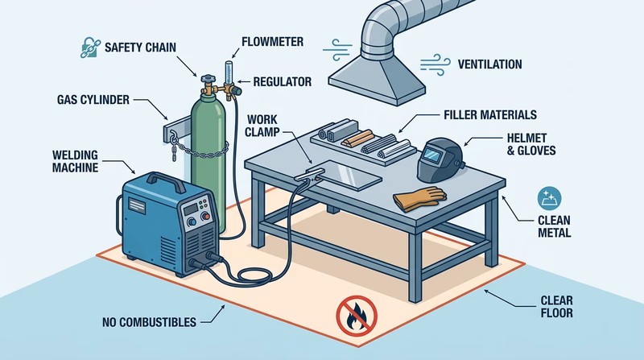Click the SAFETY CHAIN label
(140, 48)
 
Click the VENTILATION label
(489, 64)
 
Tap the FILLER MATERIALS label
(491, 115)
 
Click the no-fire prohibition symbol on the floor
(354, 316)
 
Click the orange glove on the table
(419, 197)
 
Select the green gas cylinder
(207, 149)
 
